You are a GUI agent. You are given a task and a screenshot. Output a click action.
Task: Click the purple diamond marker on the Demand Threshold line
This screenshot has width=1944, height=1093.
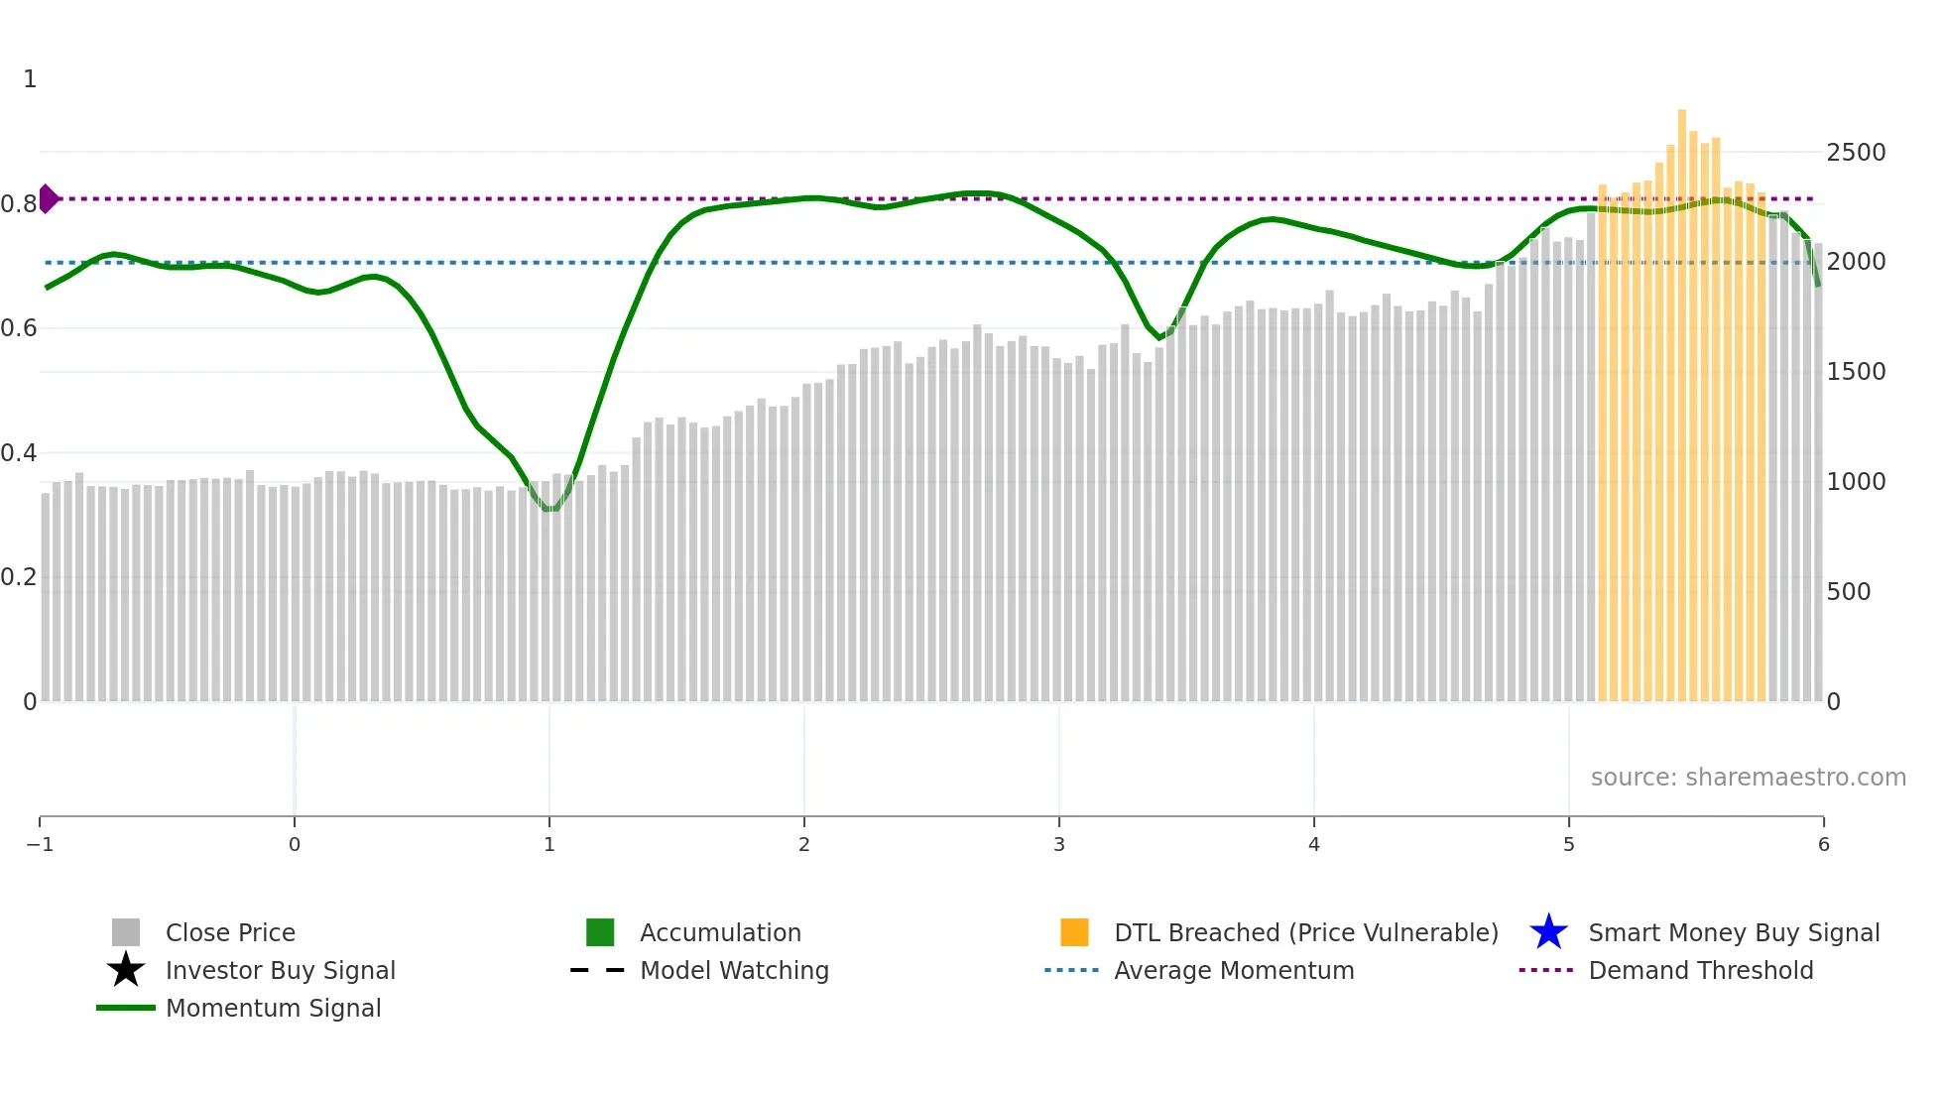(48, 198)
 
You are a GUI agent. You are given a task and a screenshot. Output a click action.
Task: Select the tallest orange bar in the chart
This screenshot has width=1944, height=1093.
(1682, 397)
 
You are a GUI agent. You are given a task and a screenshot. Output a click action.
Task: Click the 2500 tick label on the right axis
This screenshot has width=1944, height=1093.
(1856, 153)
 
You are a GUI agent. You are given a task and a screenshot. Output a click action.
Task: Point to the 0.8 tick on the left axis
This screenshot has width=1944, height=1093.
(19, 204)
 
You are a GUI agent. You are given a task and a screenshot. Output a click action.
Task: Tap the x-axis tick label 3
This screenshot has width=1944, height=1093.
(1059, 845)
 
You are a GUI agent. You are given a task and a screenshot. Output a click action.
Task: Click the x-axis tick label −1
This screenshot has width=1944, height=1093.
(40, 845)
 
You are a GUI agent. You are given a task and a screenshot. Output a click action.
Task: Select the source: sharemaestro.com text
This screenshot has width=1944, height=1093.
(1748, 778)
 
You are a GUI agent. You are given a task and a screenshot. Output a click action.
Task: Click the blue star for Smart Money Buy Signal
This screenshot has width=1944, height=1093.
(1548, 932)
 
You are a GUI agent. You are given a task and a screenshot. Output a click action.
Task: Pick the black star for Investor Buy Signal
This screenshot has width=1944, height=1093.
(126, 970)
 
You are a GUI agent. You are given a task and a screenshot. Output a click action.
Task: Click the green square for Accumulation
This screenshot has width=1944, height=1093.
(600, 932)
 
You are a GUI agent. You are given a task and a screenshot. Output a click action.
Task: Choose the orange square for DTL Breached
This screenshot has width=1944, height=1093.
(1074, 932)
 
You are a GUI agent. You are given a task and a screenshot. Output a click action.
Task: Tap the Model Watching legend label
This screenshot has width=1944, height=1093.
(734, 970)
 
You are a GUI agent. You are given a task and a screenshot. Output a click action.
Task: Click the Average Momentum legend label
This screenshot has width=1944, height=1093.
(1234, 970)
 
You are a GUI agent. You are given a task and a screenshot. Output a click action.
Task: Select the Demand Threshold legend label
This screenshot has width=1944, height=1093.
(1700, 970)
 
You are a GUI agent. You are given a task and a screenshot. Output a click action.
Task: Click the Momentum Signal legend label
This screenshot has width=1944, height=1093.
(273, 1008)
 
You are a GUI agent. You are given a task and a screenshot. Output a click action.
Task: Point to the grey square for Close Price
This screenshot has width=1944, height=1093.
(126, 932)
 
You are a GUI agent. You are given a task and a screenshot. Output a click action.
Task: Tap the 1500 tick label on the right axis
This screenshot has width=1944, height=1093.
(1856, 372)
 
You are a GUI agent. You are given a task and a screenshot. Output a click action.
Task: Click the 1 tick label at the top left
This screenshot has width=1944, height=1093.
(30, 79)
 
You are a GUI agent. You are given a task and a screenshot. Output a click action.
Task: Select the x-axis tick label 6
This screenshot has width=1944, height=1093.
(1823, 845)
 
